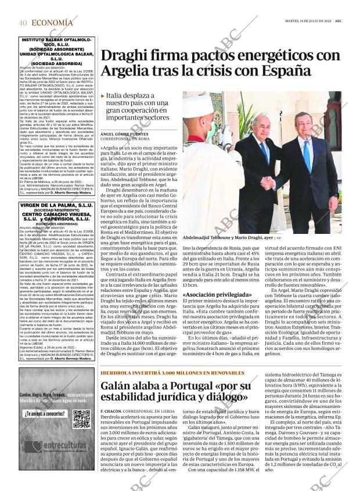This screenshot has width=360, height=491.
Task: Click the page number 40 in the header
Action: pyautogui.click(x=23, y=23)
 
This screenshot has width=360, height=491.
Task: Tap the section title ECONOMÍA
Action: pyautogui.click(x=53, y=23)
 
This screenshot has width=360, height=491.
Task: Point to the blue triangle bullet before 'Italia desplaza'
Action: pyautogui.click(x=103, y=96)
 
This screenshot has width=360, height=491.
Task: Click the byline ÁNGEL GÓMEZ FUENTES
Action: pyautogui.click(x=124, y=134)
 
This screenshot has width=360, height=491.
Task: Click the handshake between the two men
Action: pyautogui.click(x=268, y=184)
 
